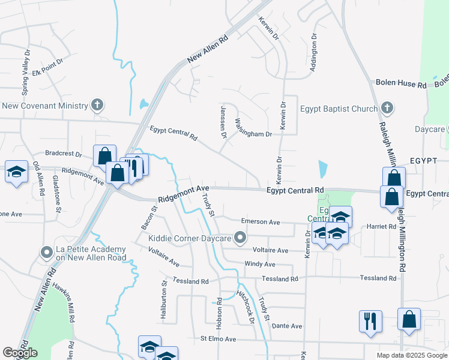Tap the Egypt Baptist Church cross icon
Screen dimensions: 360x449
click(387, 109)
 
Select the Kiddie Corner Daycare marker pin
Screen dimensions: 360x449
click(241, 239)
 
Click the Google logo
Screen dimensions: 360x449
click(20, 353)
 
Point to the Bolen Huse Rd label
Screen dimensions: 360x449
click(400, 85)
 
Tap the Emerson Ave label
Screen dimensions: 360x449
click(260, 222)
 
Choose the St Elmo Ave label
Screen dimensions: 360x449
click(223, 339)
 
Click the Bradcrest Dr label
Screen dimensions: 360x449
click(63, 154)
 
